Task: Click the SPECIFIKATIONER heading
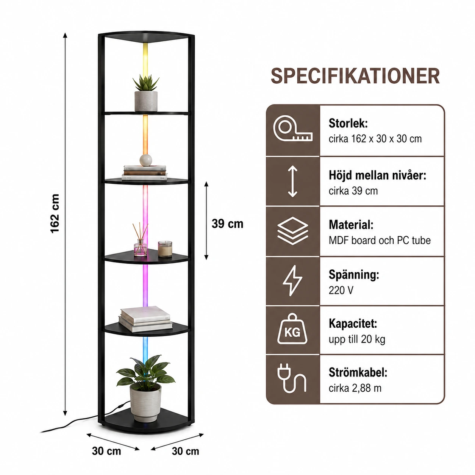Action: tap(355, 76)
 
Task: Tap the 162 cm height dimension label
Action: tap(55, 213)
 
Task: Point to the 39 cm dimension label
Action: tap(227, 224)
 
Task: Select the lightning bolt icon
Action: tap(292, 281)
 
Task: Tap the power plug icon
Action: tap(292, 379)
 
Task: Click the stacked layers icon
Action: tap(292, 231)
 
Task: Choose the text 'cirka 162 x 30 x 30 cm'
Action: tap(375, 139)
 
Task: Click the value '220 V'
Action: tap(341, 290)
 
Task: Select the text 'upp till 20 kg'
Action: tap(357, 339)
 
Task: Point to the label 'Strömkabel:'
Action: tap(358, 373)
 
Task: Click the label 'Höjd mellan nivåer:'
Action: tap(377, 175)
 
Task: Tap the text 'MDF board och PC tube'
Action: tap(380, 240)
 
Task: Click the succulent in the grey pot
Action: tap(146, 93)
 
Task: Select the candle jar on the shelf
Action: tap(165, 249)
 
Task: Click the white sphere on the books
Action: tap(146, 160)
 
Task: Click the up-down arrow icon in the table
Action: tap(292, 181)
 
